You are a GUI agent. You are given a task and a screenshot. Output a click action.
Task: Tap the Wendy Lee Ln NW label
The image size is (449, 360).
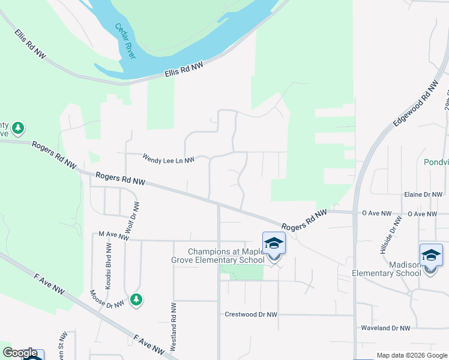point(169,160)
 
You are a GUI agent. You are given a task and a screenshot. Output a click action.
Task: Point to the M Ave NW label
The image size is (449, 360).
point(113,236)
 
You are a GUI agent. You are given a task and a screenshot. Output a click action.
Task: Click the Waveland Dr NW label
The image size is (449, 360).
point(385,328)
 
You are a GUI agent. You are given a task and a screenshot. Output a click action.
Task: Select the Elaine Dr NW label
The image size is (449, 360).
point(423,194)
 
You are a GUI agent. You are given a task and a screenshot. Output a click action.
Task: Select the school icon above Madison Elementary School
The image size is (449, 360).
point(430,256)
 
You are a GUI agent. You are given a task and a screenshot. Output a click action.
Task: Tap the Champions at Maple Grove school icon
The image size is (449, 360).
point(274,244)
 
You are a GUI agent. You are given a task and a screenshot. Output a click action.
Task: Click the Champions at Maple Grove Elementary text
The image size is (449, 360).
point(226,256)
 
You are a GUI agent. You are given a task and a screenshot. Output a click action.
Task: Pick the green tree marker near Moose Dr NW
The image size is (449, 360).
point(136,299)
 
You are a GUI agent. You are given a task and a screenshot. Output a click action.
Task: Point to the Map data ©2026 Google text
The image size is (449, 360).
point(411,355)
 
